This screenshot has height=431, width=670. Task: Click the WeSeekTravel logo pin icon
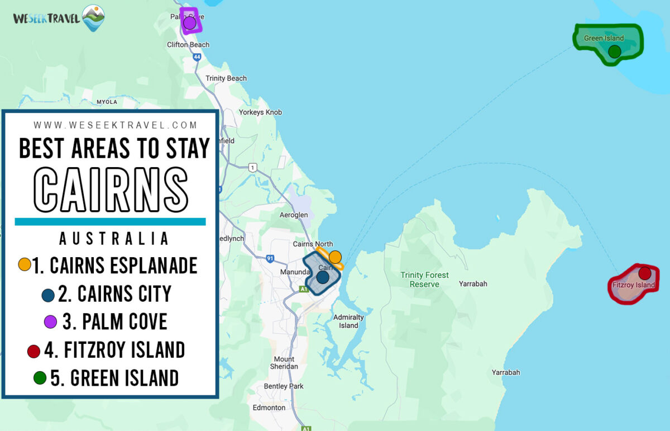point(93,17)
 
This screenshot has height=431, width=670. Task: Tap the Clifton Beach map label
point(188,45)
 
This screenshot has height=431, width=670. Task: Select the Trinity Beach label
point(226,78)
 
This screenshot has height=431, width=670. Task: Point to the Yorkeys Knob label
point(260,112)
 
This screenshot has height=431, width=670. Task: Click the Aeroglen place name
point(293,215)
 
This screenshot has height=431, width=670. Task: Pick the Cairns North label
point(313,244)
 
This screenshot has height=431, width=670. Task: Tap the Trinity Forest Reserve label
point(424,280)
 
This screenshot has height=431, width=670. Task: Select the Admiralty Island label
point(348,321)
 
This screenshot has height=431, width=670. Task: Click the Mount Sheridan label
point(284,363)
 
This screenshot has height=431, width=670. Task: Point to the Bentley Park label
point(284,386)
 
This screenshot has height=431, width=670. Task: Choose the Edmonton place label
point(269,408)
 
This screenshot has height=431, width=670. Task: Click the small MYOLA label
point(107,102)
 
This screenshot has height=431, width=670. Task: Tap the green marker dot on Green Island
point(614,52)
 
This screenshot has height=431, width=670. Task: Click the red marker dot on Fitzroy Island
point(645,273)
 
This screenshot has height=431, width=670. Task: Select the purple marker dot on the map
point(190,23)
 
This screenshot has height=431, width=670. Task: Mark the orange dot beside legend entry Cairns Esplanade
point(25,264)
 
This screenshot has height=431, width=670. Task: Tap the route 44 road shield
point(197,57)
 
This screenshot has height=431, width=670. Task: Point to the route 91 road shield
point(270,258)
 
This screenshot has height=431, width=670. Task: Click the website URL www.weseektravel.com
point(116,125)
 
